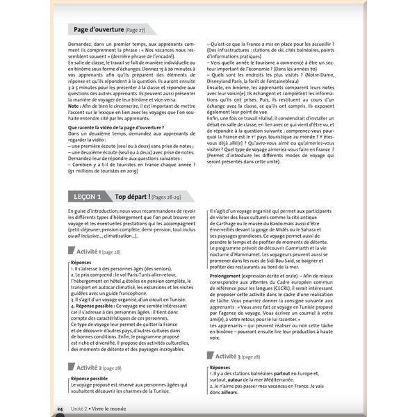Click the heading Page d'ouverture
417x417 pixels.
pyautogui.click(x=106, y=29)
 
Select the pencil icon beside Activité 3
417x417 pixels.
pyautogui.click(x=210, y=355)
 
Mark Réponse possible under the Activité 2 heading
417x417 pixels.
pyautogui.click(x=89, y=379)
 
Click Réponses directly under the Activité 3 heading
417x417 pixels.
pyautogui.click(x=220, y=367)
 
